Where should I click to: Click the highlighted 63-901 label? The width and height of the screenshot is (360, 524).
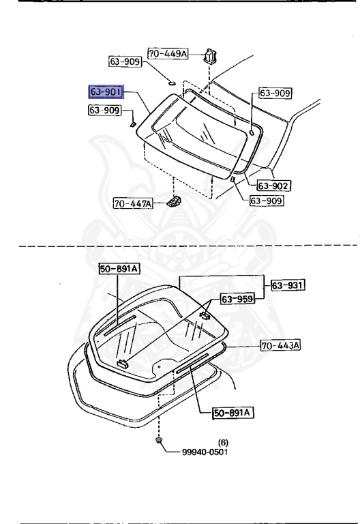[106, 91]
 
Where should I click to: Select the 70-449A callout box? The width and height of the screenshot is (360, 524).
[168, 53]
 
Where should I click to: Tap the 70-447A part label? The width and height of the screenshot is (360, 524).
[133, 203]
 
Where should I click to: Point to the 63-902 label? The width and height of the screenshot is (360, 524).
[274, 186]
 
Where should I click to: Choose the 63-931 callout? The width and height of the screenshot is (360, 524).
[288, 285]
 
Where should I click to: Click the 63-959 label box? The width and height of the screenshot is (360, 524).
[237, 299]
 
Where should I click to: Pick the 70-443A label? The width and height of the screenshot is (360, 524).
[280, 345]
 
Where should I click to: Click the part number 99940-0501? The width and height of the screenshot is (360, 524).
[205, 452]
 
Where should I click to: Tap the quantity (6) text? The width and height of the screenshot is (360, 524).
[223, 442]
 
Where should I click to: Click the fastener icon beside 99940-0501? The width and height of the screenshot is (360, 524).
[160, 441]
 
